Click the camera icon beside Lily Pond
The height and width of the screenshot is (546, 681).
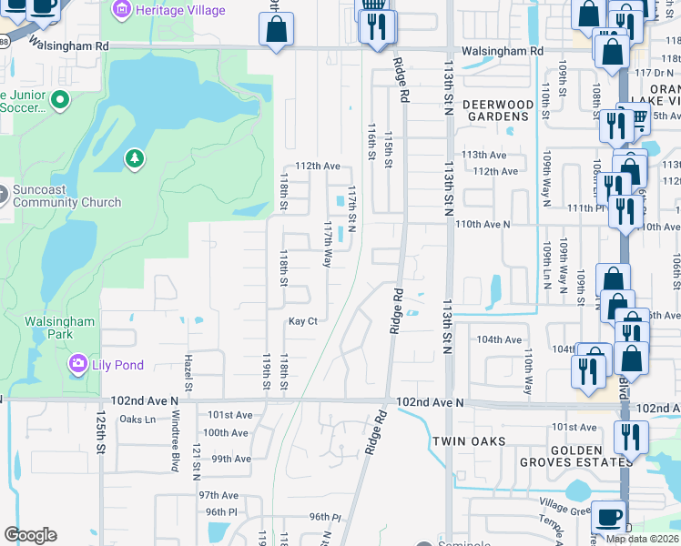click(78, 365)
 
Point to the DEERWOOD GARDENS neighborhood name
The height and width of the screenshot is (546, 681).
click(497, 110)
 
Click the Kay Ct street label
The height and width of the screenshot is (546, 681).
click(303, 321)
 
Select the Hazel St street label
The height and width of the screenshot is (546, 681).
click(189, 373)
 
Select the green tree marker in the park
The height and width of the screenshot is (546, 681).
click(135, 160)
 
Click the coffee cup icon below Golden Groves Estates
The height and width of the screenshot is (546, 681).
click(608, 516)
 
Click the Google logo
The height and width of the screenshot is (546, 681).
click(30, 535)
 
